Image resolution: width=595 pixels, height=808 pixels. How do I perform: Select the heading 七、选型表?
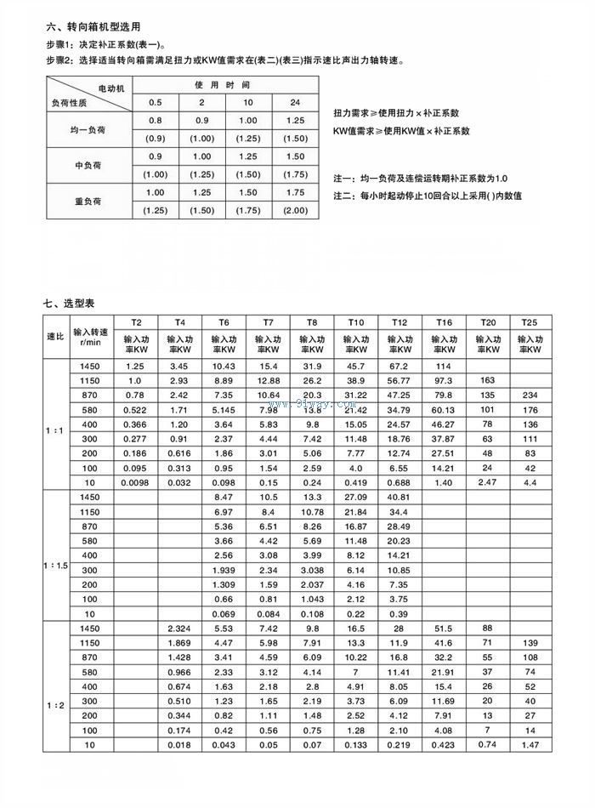(69, 303)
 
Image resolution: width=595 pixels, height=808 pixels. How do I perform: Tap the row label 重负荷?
(88, 202)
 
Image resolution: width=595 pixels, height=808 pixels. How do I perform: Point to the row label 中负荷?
(88, 165)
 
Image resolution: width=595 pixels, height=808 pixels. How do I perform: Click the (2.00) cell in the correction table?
(295, 210)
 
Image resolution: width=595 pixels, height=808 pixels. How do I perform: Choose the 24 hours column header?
(295, 103)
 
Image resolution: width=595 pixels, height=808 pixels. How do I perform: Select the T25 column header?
(530, 323)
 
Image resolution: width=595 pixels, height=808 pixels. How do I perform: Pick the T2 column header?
(136, 323)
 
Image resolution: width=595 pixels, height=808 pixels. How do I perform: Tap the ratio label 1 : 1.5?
(57, 555)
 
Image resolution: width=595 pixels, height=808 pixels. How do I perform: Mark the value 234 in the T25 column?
(530, 395)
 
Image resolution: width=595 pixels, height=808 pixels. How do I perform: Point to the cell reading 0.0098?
(136, 482)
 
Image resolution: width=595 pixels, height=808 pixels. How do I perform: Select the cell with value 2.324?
(180, 628)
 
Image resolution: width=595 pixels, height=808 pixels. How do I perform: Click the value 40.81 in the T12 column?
(399, 497)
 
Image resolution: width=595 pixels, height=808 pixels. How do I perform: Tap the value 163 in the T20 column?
(488, 379)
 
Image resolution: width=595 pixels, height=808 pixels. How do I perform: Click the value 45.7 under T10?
(355, 365)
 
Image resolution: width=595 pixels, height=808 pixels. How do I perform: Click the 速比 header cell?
(56, 337)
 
